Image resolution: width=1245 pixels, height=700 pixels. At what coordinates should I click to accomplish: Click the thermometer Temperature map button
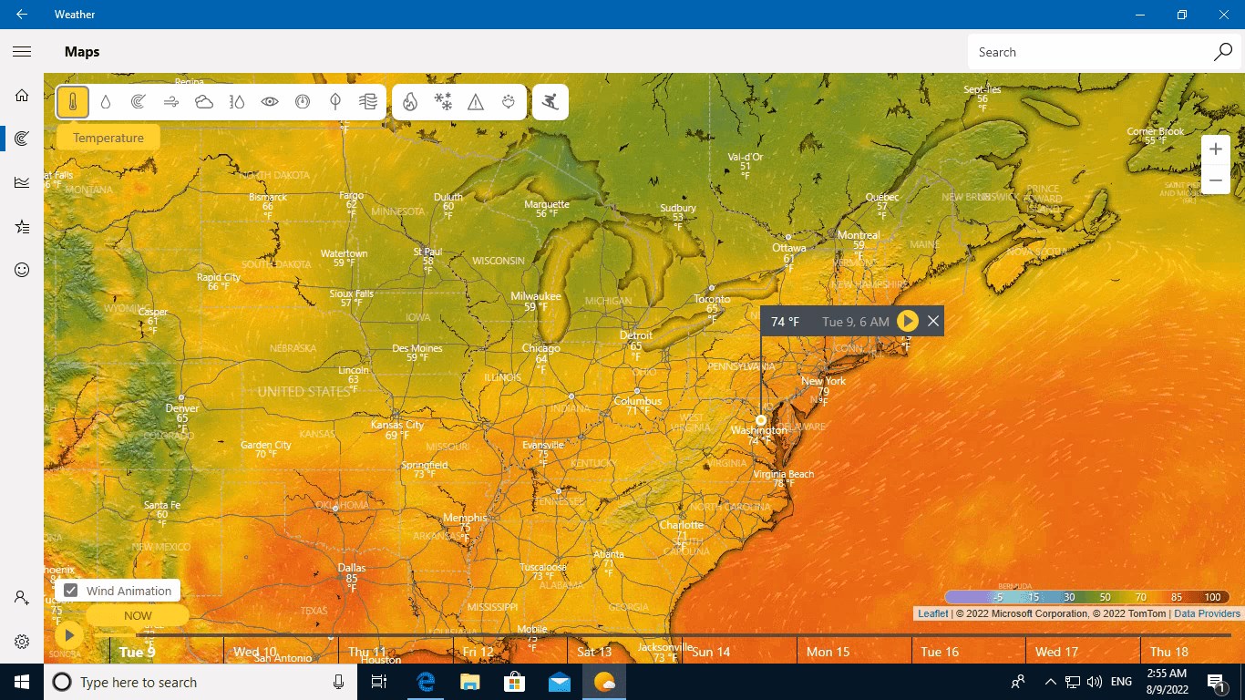(73, 102)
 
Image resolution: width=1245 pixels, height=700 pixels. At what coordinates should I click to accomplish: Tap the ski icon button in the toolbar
(550, 102)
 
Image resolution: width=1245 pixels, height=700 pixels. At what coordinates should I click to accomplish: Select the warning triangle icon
(476, 102)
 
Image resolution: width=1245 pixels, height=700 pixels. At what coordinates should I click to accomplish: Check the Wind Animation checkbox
(70, 591)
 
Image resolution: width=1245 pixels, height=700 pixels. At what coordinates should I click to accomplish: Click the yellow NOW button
(138, 615)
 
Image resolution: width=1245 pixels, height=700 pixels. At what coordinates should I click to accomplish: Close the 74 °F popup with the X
(933, 321)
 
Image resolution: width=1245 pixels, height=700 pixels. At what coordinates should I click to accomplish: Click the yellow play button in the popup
(907, 321)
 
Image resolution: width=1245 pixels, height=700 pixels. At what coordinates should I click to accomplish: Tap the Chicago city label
(541, 349)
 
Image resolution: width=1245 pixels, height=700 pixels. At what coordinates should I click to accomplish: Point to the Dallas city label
(351, 568)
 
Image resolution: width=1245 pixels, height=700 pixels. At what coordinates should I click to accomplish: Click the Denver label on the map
(182, 408)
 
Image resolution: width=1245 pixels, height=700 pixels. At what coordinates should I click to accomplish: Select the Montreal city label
(858, 235)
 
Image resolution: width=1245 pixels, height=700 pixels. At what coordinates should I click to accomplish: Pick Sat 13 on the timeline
(594, 652)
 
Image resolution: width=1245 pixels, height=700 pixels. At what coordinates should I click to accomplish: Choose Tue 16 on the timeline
(940, 652)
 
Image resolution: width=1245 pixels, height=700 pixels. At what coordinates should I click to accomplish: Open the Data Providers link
(1207, 613)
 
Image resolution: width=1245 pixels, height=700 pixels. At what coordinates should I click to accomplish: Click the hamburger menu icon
(22, 52)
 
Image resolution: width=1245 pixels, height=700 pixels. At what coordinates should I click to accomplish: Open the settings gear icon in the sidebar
(22, 642)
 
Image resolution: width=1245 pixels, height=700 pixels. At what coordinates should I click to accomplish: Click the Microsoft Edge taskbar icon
(426, 682)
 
